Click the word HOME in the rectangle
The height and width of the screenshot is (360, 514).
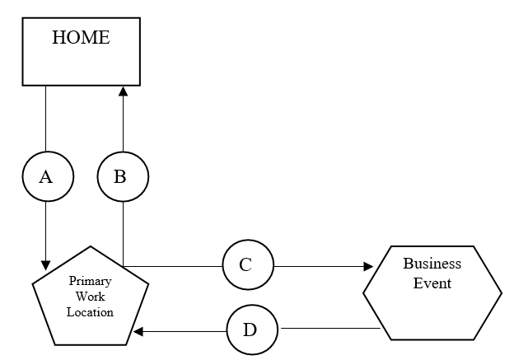point(80,37)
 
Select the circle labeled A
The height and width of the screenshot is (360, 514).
point(46,175)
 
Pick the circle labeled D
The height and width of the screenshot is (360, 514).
point(252,330)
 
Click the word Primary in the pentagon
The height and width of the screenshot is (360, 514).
point(90,281)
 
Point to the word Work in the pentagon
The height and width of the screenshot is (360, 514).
point(90,296)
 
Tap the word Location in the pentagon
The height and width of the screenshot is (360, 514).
point(90,312)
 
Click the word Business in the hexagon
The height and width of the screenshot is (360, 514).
point(432,264)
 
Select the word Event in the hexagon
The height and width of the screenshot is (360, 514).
point(432,283)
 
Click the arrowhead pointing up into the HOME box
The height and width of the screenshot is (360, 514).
point(123,91)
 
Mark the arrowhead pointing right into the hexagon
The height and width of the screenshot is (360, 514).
point(367,266)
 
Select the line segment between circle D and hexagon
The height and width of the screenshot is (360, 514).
point(329,330)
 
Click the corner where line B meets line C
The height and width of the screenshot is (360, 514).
point(123,266)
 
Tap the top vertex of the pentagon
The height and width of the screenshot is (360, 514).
point(90,245)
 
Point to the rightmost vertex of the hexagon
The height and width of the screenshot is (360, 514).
point(501,293)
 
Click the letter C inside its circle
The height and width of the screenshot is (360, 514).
point(246,266)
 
